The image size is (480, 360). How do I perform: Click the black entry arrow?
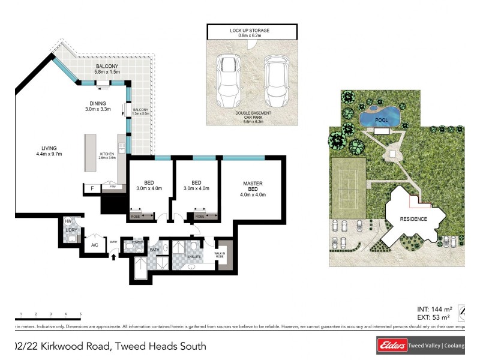(x=114, y=256)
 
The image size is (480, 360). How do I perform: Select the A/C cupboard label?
(x=94, y=245)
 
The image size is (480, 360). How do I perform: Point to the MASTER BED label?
(x=253, y=188)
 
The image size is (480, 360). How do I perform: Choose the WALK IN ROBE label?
(x=220, y=256)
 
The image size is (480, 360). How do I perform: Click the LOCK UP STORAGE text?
(x=251, y=30)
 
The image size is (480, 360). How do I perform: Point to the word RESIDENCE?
(x=414, y=219)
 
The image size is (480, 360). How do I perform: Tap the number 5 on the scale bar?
(x=80, y=314)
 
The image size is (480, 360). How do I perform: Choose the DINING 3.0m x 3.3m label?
(x=98, y=106)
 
